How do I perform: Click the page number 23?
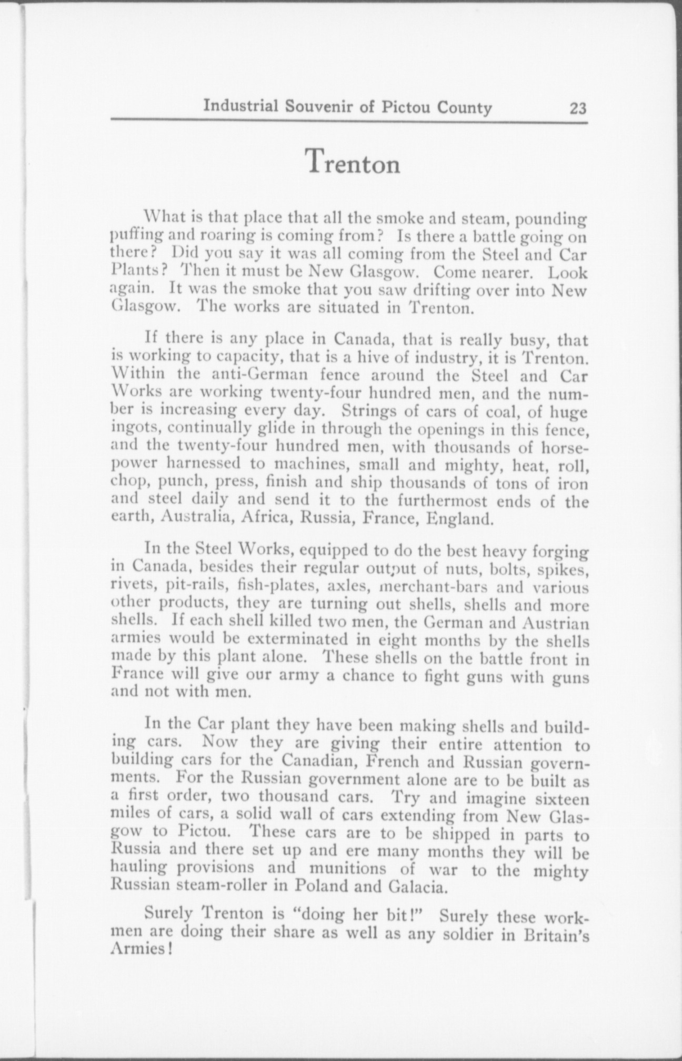[x=577, y=108]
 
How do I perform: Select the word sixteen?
[x=558, y=799]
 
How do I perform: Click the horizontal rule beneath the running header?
[x=348, y=123]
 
